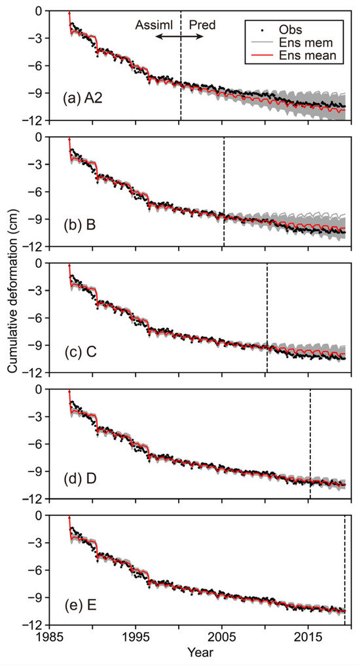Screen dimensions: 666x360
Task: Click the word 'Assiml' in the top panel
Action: [153, 25]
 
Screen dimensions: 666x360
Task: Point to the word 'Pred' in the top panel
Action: [201, 25]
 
